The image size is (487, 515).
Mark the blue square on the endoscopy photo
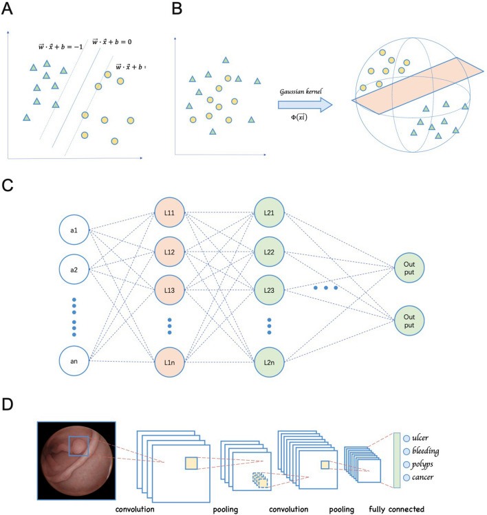click(80, 447)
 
